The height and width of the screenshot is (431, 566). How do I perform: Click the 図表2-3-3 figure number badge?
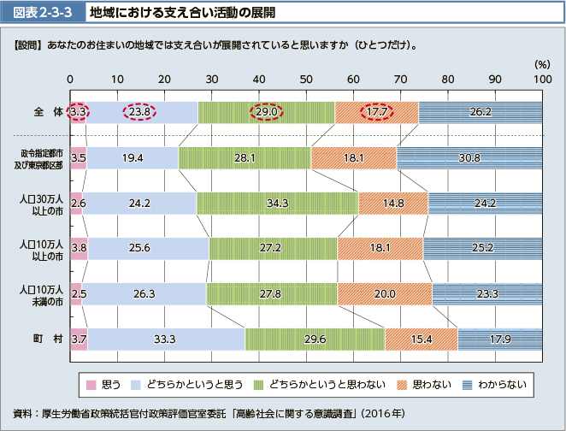click(x=37, y=13)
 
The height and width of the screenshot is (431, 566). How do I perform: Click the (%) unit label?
click(x=540, y=64)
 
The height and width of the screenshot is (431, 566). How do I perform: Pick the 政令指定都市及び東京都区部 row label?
click(x=42, y=158)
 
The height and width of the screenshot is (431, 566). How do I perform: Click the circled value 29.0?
click(x=267, y=112)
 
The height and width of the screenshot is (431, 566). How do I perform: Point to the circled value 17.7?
click(x=376, y=112)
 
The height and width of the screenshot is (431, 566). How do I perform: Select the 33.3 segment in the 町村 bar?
click(x=166, y=339)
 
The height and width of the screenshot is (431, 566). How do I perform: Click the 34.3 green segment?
click(x=277, y=204)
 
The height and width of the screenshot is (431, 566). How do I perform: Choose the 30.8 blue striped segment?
click(x=469, y=158)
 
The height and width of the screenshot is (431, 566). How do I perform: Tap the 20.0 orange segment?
click(x=385, y=294)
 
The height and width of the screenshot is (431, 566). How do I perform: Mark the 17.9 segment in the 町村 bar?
click(x=499, y=339)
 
